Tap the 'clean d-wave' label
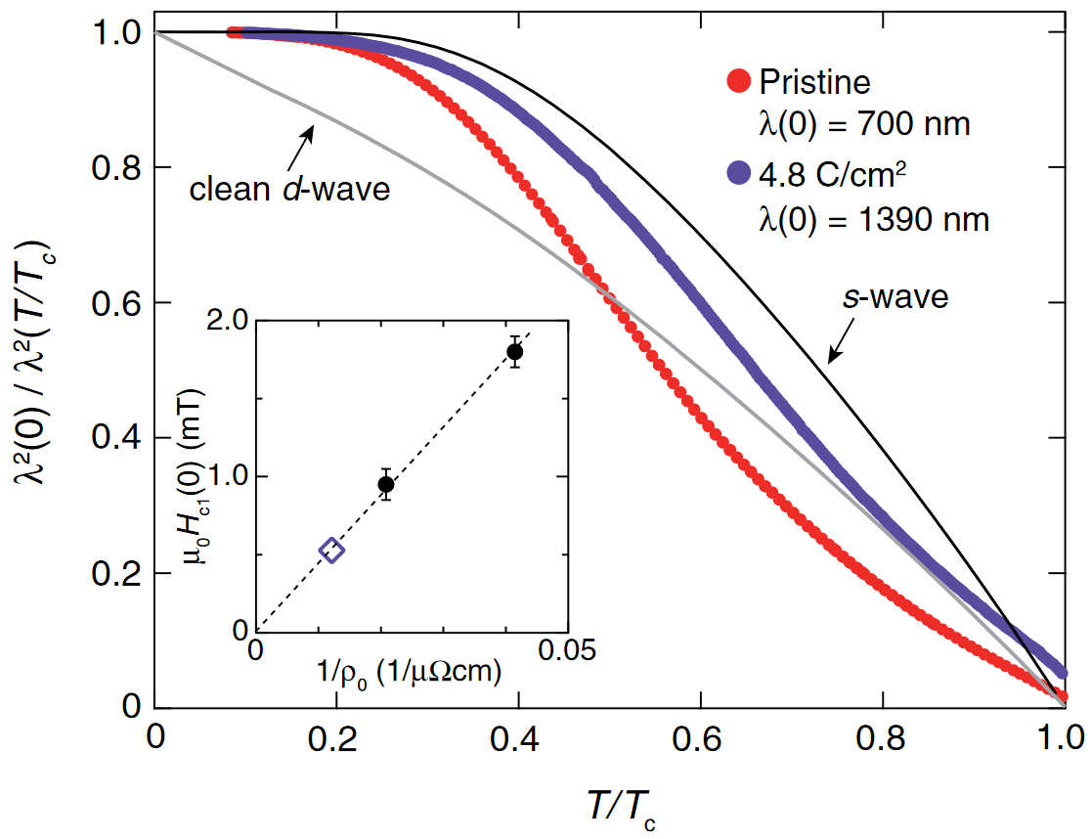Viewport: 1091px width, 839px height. (x=289, y=188)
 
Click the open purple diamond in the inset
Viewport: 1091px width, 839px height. (x=332, y=551)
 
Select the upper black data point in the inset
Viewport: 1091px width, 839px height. (x=515, y=351)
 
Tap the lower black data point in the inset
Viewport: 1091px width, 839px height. (x=386, y=484)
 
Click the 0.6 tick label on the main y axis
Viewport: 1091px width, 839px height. (x=114, y=303)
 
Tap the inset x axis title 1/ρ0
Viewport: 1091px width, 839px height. (x=411, y=673)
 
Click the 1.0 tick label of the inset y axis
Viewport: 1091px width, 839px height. (x=226, y=477)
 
